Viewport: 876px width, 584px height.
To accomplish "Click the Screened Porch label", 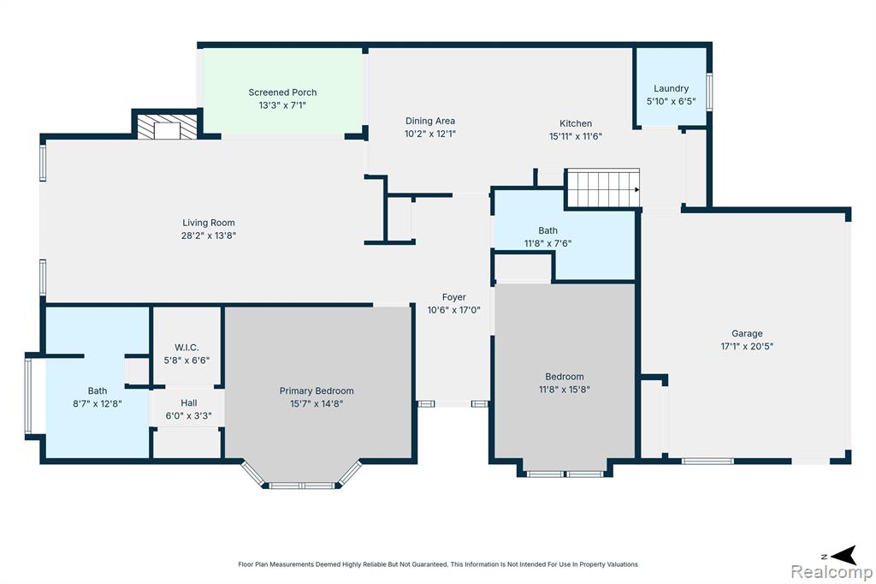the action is (x=282, y=92).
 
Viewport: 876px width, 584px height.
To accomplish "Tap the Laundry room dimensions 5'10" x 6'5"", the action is (x=671, y=101).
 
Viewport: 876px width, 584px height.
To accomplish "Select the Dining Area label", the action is (x=430, y=121).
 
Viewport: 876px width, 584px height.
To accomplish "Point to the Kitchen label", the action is (x=576, y=123).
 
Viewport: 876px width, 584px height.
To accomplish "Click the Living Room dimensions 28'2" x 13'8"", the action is (x=209, y=235).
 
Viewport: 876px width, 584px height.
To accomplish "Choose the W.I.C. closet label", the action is (x=186, y=348).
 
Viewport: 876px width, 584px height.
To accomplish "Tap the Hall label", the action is (x=189, y=402).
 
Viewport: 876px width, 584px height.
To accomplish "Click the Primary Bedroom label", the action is (x=317, y=390).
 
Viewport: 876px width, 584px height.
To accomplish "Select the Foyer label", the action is (x=453, y=297).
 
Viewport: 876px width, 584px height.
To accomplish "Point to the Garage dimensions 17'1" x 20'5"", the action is (x=747, y=346).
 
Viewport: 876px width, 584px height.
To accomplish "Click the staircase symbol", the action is (x=603, y=189).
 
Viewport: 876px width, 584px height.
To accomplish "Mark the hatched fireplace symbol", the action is (x=167, y=127).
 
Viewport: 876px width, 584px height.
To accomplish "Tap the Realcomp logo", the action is (x=832, y=572).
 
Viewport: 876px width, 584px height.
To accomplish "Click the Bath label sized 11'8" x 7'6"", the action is (x=547, y=230).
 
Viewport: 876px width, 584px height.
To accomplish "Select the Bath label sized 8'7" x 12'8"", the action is (x=98, y=390).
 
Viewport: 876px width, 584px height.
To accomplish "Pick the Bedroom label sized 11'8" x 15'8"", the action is (x=565, y=377).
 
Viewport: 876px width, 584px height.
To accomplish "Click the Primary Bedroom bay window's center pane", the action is (x=302, y=486).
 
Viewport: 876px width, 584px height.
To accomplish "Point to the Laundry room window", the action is (x=709, y=92).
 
